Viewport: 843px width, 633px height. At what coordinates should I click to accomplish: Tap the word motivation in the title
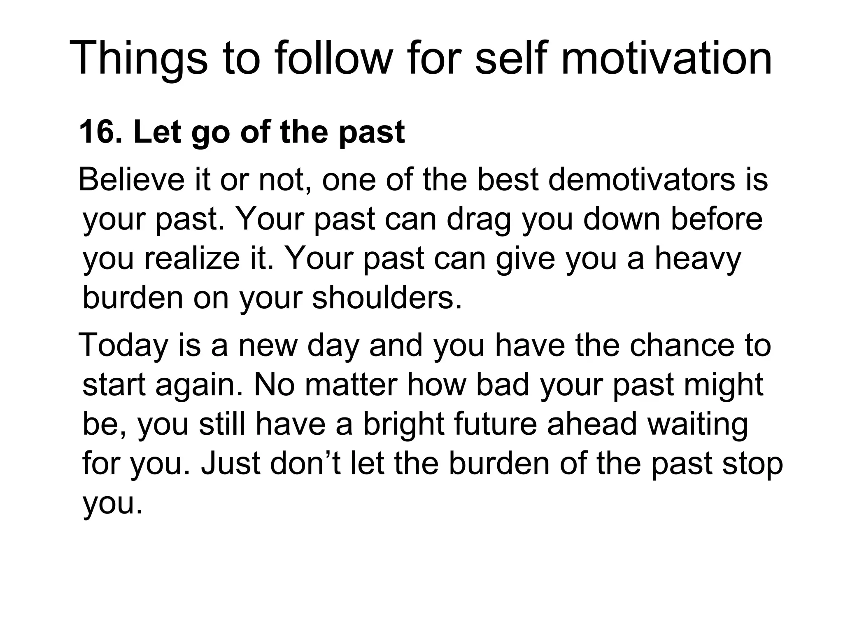pyautogui.click(x=667, y=59)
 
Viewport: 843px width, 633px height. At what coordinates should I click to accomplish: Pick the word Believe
pyautogui.click(x=132, y=180)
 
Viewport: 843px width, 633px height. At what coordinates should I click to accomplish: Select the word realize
pyautogui.click(x=192, y=259)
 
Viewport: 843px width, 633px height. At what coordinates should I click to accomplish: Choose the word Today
pyautogui.click(x=123, y=345)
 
